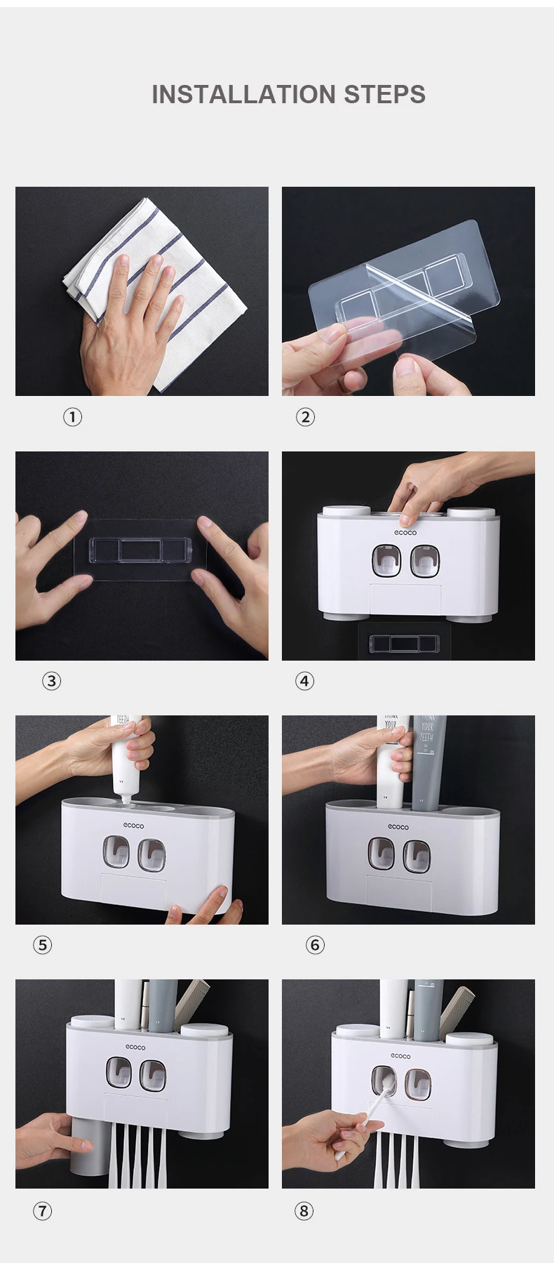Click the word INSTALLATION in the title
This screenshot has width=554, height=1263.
point(243,95)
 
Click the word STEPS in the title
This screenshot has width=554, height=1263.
point(384,95)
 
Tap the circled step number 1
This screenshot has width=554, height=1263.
point(72,417)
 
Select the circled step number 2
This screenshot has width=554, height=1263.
point(305,417)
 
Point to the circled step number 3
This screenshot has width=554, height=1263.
point(51,681)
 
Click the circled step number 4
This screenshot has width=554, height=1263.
point(304,681)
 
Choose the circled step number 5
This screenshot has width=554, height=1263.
point(42,945)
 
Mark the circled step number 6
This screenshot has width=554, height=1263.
point(315,945)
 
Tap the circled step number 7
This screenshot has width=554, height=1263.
point(42,1211)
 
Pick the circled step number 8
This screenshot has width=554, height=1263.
point(304,1211)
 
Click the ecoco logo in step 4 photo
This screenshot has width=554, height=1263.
point(405,533)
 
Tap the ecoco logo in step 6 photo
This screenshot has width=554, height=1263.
point(398,827)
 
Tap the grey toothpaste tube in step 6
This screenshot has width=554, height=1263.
point(428,758)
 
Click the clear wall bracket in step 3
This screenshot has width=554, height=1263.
point(140,550)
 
